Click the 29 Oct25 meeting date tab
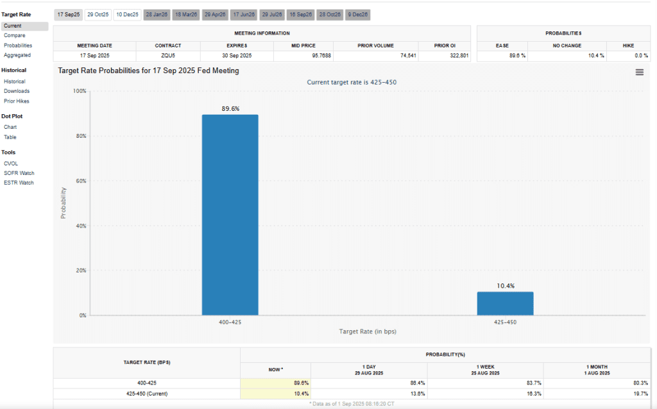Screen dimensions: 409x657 click(x=98, y=14)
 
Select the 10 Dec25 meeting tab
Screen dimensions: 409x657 click(x=127, y=14)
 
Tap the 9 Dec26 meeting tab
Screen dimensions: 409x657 click(x=357, y=14)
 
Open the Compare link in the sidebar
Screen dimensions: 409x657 click(x=14, y=35)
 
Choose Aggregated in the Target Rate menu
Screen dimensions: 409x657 click(x=17, y=55)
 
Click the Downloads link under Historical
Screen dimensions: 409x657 click(x=17, y=91)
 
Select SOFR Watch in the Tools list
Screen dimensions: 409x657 click(x=19, y=173)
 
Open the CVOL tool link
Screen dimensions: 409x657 click(x=11, y=163)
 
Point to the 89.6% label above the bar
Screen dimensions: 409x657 click(x=230, y=109)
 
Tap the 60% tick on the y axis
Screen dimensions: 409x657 click(x=80, y=181)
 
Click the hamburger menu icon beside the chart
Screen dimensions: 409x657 click(x=639, y=72)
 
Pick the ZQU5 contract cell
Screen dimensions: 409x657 click(x=168, y=56)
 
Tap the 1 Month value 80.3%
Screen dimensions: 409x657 click(x=639, y=383)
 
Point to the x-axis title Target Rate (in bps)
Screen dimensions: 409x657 click(x=368, y=331)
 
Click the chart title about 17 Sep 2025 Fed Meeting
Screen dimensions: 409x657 click(x=148, y=71)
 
